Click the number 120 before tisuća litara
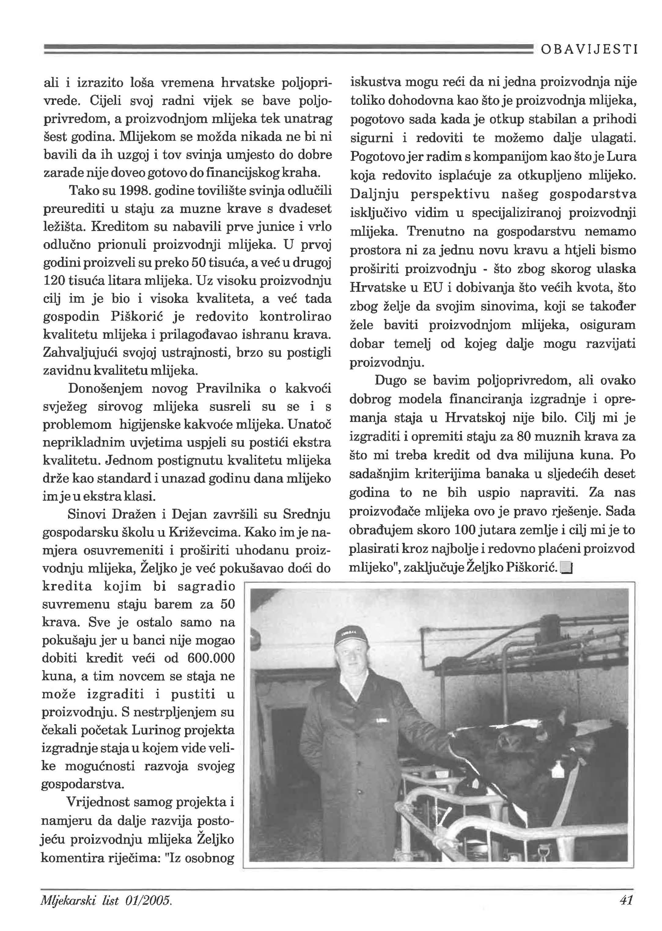click(x=52, y=281)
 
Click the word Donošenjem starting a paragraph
click(x=105, y=388)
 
